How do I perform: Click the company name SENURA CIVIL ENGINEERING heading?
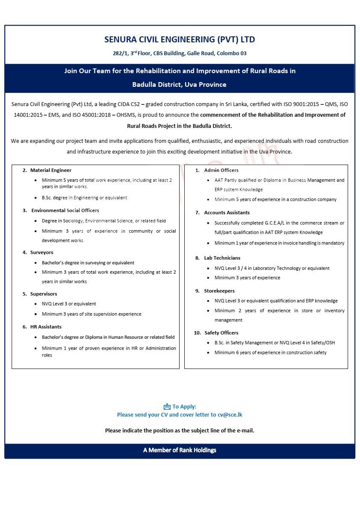point(180,40)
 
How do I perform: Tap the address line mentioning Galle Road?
point(180,53)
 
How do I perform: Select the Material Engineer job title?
point(50,170)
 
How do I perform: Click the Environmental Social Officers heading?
point(65,210)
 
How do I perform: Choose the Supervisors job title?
point(43,294)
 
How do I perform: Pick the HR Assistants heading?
point(45,327)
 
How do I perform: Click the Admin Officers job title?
point(221,170)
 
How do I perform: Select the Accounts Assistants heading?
point(227,213)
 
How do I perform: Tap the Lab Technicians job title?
point(222,258)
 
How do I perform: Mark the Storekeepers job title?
point(219,291)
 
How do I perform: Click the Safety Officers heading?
point(221,333)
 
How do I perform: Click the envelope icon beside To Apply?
point(167,407)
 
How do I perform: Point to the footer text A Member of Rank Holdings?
point(180,450)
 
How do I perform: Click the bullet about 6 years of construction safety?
point(270,352)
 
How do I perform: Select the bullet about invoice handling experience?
point(279,243)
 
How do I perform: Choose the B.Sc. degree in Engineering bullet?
point(84,198)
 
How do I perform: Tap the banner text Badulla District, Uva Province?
point(179,84)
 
